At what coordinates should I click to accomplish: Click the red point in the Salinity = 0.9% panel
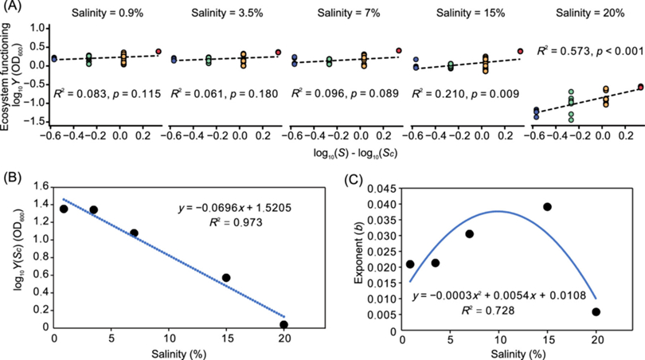[158, 51]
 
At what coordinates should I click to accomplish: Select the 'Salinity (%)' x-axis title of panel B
[168, 352]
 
